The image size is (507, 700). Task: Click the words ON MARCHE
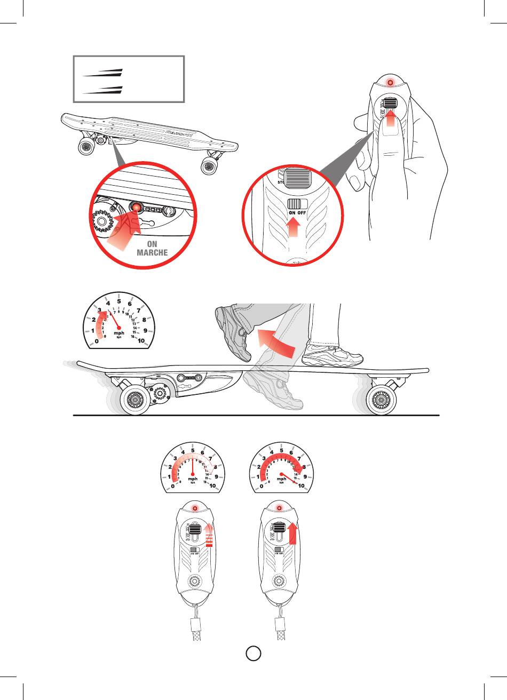152,248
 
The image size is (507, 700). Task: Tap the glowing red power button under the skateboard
137,208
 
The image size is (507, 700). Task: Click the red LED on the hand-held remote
390,84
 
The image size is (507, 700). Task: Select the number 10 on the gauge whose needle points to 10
302,486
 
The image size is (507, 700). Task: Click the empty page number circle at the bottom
253,653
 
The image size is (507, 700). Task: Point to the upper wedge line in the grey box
103,73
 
